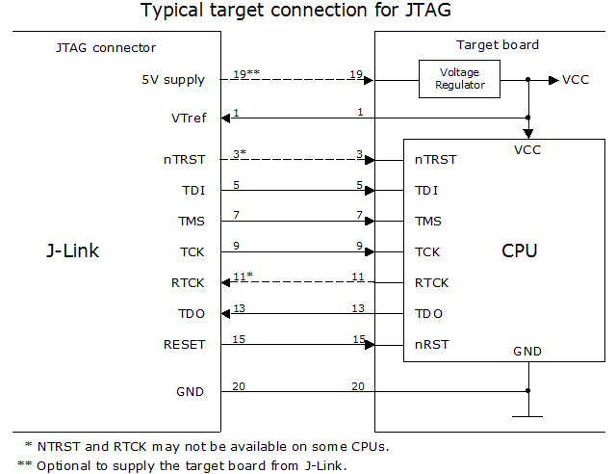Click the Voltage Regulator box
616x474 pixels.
point(458,80)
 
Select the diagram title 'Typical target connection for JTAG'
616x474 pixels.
point(307,12)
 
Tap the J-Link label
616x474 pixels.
point(73,251)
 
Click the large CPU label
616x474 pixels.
point(519,251)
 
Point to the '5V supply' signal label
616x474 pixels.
point(171,80)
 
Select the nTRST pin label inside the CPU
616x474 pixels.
point(435,160)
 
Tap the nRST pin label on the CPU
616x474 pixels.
point(431,344)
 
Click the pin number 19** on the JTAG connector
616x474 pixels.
point(247,74)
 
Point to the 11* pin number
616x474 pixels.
point(243,277)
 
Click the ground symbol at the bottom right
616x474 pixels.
point(528,415)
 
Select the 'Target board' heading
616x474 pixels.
point(497,45)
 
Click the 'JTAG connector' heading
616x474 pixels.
point(107,47)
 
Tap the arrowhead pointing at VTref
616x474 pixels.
point(226,118)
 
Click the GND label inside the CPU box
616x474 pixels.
point(527,352)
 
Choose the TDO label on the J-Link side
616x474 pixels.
point(190,313)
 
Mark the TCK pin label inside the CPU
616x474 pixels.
point(428,251)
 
